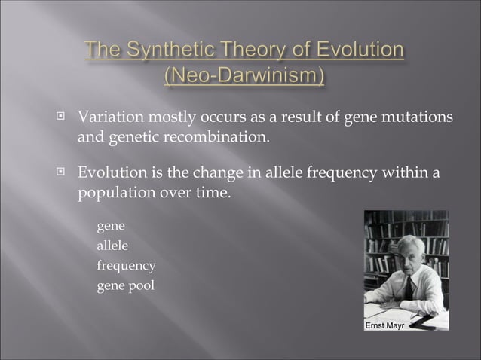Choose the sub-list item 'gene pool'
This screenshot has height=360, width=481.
point(125,285)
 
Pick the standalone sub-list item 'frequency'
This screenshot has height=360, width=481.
point(126,266)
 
